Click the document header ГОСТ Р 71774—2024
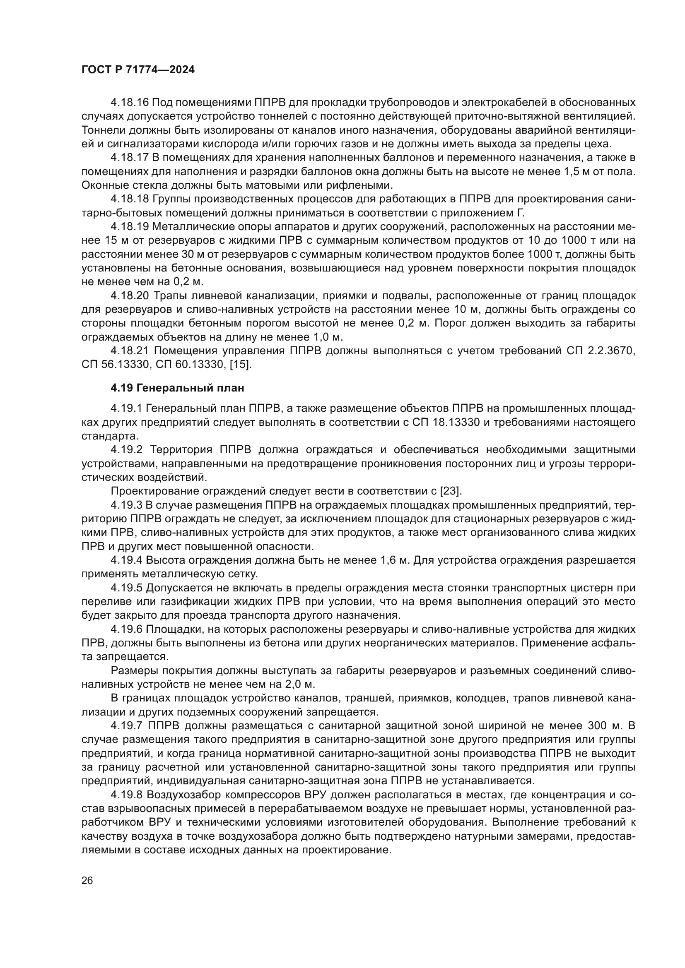(138, 70)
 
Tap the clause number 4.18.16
(130, 103)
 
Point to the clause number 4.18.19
(130, 227)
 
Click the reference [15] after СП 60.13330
(242, 364)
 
